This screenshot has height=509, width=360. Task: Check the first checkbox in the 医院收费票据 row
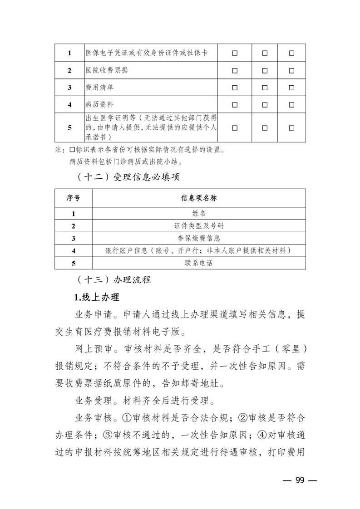[235, 70]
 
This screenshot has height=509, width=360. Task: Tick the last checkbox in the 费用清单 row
[291, 88]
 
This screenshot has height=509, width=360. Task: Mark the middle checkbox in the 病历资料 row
[265, 105]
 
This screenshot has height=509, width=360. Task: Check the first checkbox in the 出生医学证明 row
[235, 127]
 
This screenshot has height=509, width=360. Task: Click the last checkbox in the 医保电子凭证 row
[291, 53]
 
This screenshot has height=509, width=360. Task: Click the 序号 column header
[73, 198]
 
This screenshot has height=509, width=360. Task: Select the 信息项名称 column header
[198, 198]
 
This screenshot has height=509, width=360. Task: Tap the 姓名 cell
[198, 213]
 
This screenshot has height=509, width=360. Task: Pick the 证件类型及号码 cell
[198, 225]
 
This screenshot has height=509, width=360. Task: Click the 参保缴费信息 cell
[198, 238]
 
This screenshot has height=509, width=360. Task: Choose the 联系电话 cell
[198, 263]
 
